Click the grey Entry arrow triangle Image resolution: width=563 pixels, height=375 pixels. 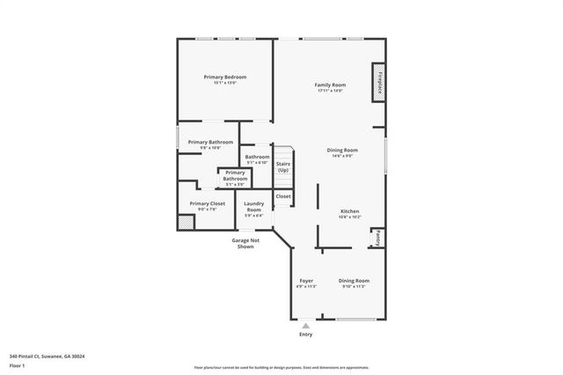(305, 325)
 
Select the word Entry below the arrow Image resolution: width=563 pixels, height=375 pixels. (305, 335)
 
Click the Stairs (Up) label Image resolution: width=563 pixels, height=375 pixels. (283, 166)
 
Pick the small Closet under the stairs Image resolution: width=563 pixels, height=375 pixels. (283, 196)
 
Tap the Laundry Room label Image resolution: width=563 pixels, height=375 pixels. (253, 208)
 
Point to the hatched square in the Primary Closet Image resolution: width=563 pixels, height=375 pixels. (186, 224)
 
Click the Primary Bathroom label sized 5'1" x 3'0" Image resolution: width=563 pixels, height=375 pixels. (235, 176)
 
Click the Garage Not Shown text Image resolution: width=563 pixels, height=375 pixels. (245, 243)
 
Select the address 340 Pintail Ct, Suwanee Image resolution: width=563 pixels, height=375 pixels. (53, 357)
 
